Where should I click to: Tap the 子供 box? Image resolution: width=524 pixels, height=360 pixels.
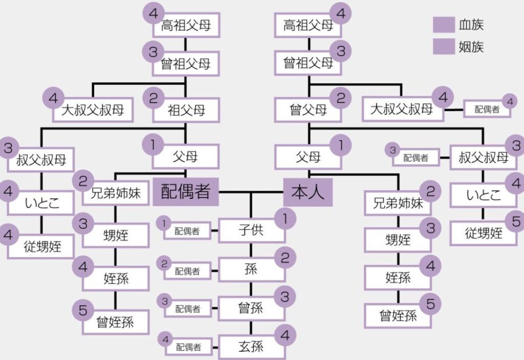click(251, 230)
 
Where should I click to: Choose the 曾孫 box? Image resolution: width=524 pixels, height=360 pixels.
click(251, 308)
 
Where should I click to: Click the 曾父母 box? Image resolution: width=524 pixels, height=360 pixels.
click(308, 110)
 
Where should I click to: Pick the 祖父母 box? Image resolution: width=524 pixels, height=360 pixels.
click(186, 110)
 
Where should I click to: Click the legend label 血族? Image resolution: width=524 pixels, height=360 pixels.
click(471, 25)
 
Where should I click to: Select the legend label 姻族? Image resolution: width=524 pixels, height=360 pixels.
click(471, 48)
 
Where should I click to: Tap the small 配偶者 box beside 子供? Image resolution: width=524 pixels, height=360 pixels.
click(187, 231)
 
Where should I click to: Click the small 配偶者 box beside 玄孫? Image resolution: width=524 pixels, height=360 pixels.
click(187, 348)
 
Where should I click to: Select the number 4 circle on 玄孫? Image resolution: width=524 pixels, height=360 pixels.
click(285, 335)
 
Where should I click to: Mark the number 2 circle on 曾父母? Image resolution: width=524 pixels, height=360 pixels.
click(340, 98)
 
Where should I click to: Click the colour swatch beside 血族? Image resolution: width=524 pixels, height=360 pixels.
click(444, 25)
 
